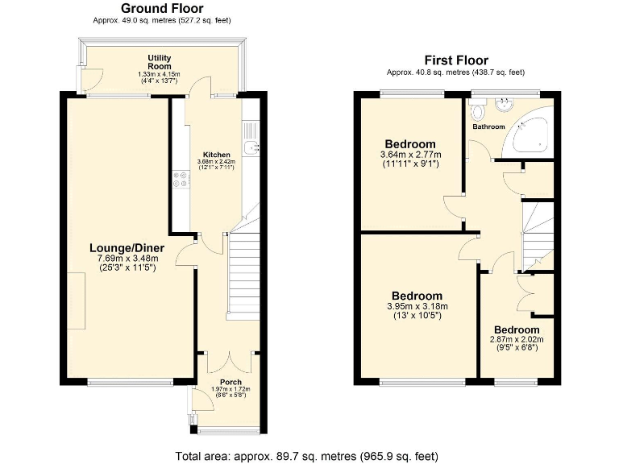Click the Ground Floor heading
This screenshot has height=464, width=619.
pos(162,8)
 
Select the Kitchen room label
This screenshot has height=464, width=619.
pos(216,155)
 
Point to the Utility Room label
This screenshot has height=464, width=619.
pos(159,62)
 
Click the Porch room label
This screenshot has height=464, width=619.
pos(231,382)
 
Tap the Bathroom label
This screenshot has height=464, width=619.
pos(488,127)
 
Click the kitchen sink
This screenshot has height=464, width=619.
pos(252,146)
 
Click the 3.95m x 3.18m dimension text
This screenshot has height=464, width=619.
pos(417,306)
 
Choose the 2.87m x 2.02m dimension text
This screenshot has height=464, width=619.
pos(517,340)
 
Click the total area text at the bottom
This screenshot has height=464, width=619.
pos(307,456)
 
